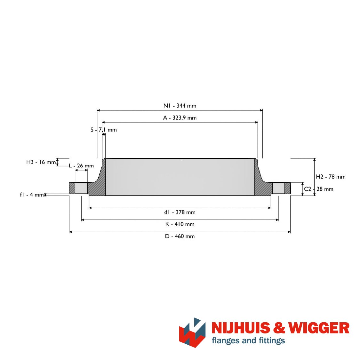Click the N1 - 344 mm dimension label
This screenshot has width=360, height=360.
pos(180,106)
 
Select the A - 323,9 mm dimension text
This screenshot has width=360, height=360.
pos(180,118)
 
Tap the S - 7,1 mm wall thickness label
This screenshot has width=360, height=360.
pos(104,130)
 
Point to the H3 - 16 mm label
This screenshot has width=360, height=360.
pos(41,162)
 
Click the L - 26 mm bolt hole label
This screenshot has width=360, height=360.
pos(82,165)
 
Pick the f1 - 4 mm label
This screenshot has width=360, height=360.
pos(32,195)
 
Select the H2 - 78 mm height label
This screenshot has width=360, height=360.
pos(331,177)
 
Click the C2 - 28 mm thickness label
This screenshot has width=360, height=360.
pos(319,189)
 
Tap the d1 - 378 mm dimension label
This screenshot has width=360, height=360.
pos(180,212)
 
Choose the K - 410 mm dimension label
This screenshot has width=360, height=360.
pos(180,224)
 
